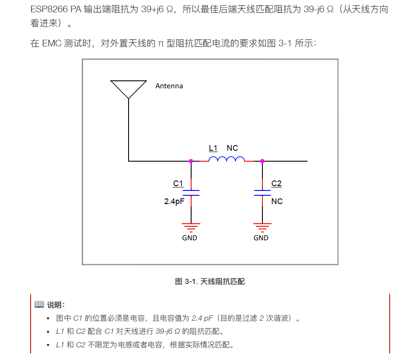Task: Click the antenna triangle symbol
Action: pos(128,89)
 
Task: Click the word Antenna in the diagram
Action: pos(169,86)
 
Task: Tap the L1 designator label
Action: pos(213,148)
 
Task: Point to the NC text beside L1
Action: pos(232,148)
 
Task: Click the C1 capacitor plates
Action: pos(191,193)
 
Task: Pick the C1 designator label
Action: pos(178,183)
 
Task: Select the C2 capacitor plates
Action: pos(262,193)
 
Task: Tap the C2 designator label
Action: pos(276,183)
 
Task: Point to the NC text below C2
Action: pos(277,201)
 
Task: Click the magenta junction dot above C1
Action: pos(191,161)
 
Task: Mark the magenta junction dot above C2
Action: pos(262,161)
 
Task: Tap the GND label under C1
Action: pos(189,238)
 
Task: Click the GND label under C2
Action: pos(261,238)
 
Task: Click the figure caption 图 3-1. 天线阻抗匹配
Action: pos(210,282)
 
